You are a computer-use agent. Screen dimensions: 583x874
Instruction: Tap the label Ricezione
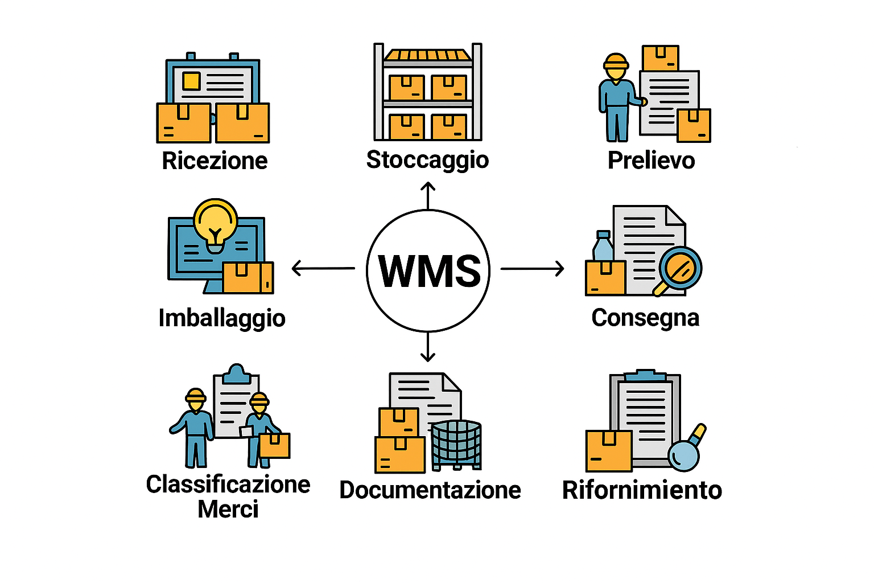(x=215, y=161)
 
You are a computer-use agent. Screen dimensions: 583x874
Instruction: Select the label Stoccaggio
(x=427, y=160)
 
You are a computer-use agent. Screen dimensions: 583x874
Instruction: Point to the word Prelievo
(x=651, y=161)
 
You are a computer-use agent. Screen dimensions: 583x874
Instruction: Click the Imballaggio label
(x=222, y=318)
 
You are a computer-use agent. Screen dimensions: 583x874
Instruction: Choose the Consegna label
(x=645, y=318)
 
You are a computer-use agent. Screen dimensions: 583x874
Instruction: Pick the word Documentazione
(x=430, y=490)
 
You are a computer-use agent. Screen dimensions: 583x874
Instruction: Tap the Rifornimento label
(x=642, y=490)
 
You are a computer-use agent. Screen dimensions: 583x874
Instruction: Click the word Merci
(x=228, y=509)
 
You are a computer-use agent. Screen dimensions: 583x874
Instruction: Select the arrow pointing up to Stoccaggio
(x=428, y=195)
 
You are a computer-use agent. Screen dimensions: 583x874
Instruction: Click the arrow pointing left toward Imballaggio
(x=323, y=268)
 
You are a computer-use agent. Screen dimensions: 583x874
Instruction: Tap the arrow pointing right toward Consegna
(x=533, y=268)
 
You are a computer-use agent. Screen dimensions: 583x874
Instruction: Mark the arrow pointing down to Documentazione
(x=428, y=347)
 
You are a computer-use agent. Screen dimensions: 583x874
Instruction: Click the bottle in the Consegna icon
(x=603, y=247)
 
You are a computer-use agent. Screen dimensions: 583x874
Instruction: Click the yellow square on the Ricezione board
(x=191, y=81)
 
